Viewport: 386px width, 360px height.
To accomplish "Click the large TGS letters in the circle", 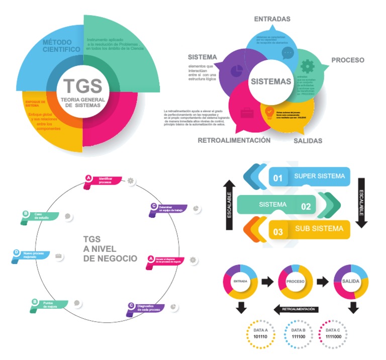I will tap(82, 86).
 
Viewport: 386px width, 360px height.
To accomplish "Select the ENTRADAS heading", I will tap(272, 19).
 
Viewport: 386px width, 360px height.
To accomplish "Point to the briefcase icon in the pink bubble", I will tap(247, 113).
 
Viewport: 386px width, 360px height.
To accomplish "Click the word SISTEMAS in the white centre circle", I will tap(270, 81).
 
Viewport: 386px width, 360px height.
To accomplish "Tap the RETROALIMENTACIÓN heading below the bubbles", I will tap(234, 140).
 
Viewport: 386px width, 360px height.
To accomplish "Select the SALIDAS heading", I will tap(308, 141).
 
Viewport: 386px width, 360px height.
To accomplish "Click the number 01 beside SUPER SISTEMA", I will tap(278, 177).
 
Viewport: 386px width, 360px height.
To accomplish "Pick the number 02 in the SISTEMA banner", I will tap(306, 205).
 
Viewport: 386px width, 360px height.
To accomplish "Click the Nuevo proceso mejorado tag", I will tap(32, 255).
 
